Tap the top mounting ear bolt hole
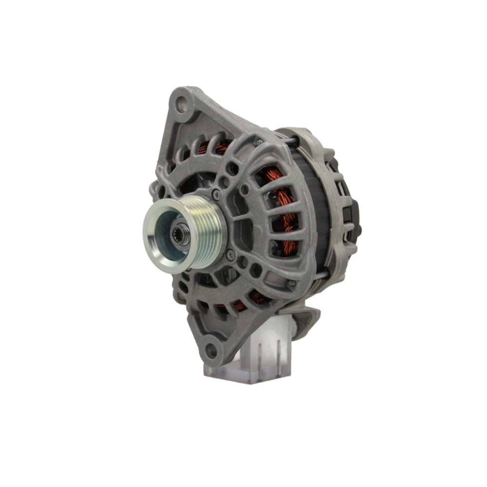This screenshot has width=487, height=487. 181,103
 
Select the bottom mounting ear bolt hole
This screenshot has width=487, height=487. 211,349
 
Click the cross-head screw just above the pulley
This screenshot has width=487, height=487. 216,194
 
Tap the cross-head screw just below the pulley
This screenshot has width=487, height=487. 230,254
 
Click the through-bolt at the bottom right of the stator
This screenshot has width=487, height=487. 319,275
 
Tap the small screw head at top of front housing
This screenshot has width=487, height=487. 259,142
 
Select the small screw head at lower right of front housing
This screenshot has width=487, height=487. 291,282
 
